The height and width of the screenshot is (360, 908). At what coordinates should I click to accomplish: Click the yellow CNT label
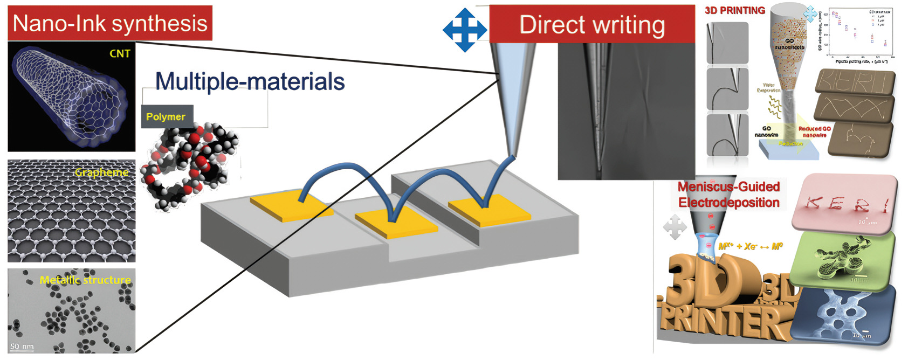(120, 53)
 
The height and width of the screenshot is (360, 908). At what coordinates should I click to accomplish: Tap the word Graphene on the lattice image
(102, 172)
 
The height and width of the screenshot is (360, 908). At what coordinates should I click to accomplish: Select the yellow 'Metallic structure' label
(85, 280)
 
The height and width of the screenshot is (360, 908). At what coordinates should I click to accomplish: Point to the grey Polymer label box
(166, 116)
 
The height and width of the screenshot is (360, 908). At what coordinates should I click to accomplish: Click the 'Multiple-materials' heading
(250, 82)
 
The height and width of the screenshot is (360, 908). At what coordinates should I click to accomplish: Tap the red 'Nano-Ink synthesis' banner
(110, 23)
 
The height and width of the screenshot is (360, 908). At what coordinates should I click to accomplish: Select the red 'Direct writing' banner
(591, 25)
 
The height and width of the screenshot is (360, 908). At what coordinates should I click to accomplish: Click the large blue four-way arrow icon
(465, 30)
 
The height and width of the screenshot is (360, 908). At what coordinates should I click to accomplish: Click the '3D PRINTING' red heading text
(734, 10)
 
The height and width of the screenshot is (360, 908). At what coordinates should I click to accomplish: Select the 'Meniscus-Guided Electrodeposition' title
(728, 195)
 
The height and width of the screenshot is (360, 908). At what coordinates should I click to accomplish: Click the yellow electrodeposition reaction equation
(750, 246)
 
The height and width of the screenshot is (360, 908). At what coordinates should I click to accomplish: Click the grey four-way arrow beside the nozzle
(675, 227)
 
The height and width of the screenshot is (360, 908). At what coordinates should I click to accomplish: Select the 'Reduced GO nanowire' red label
(814, 132)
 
